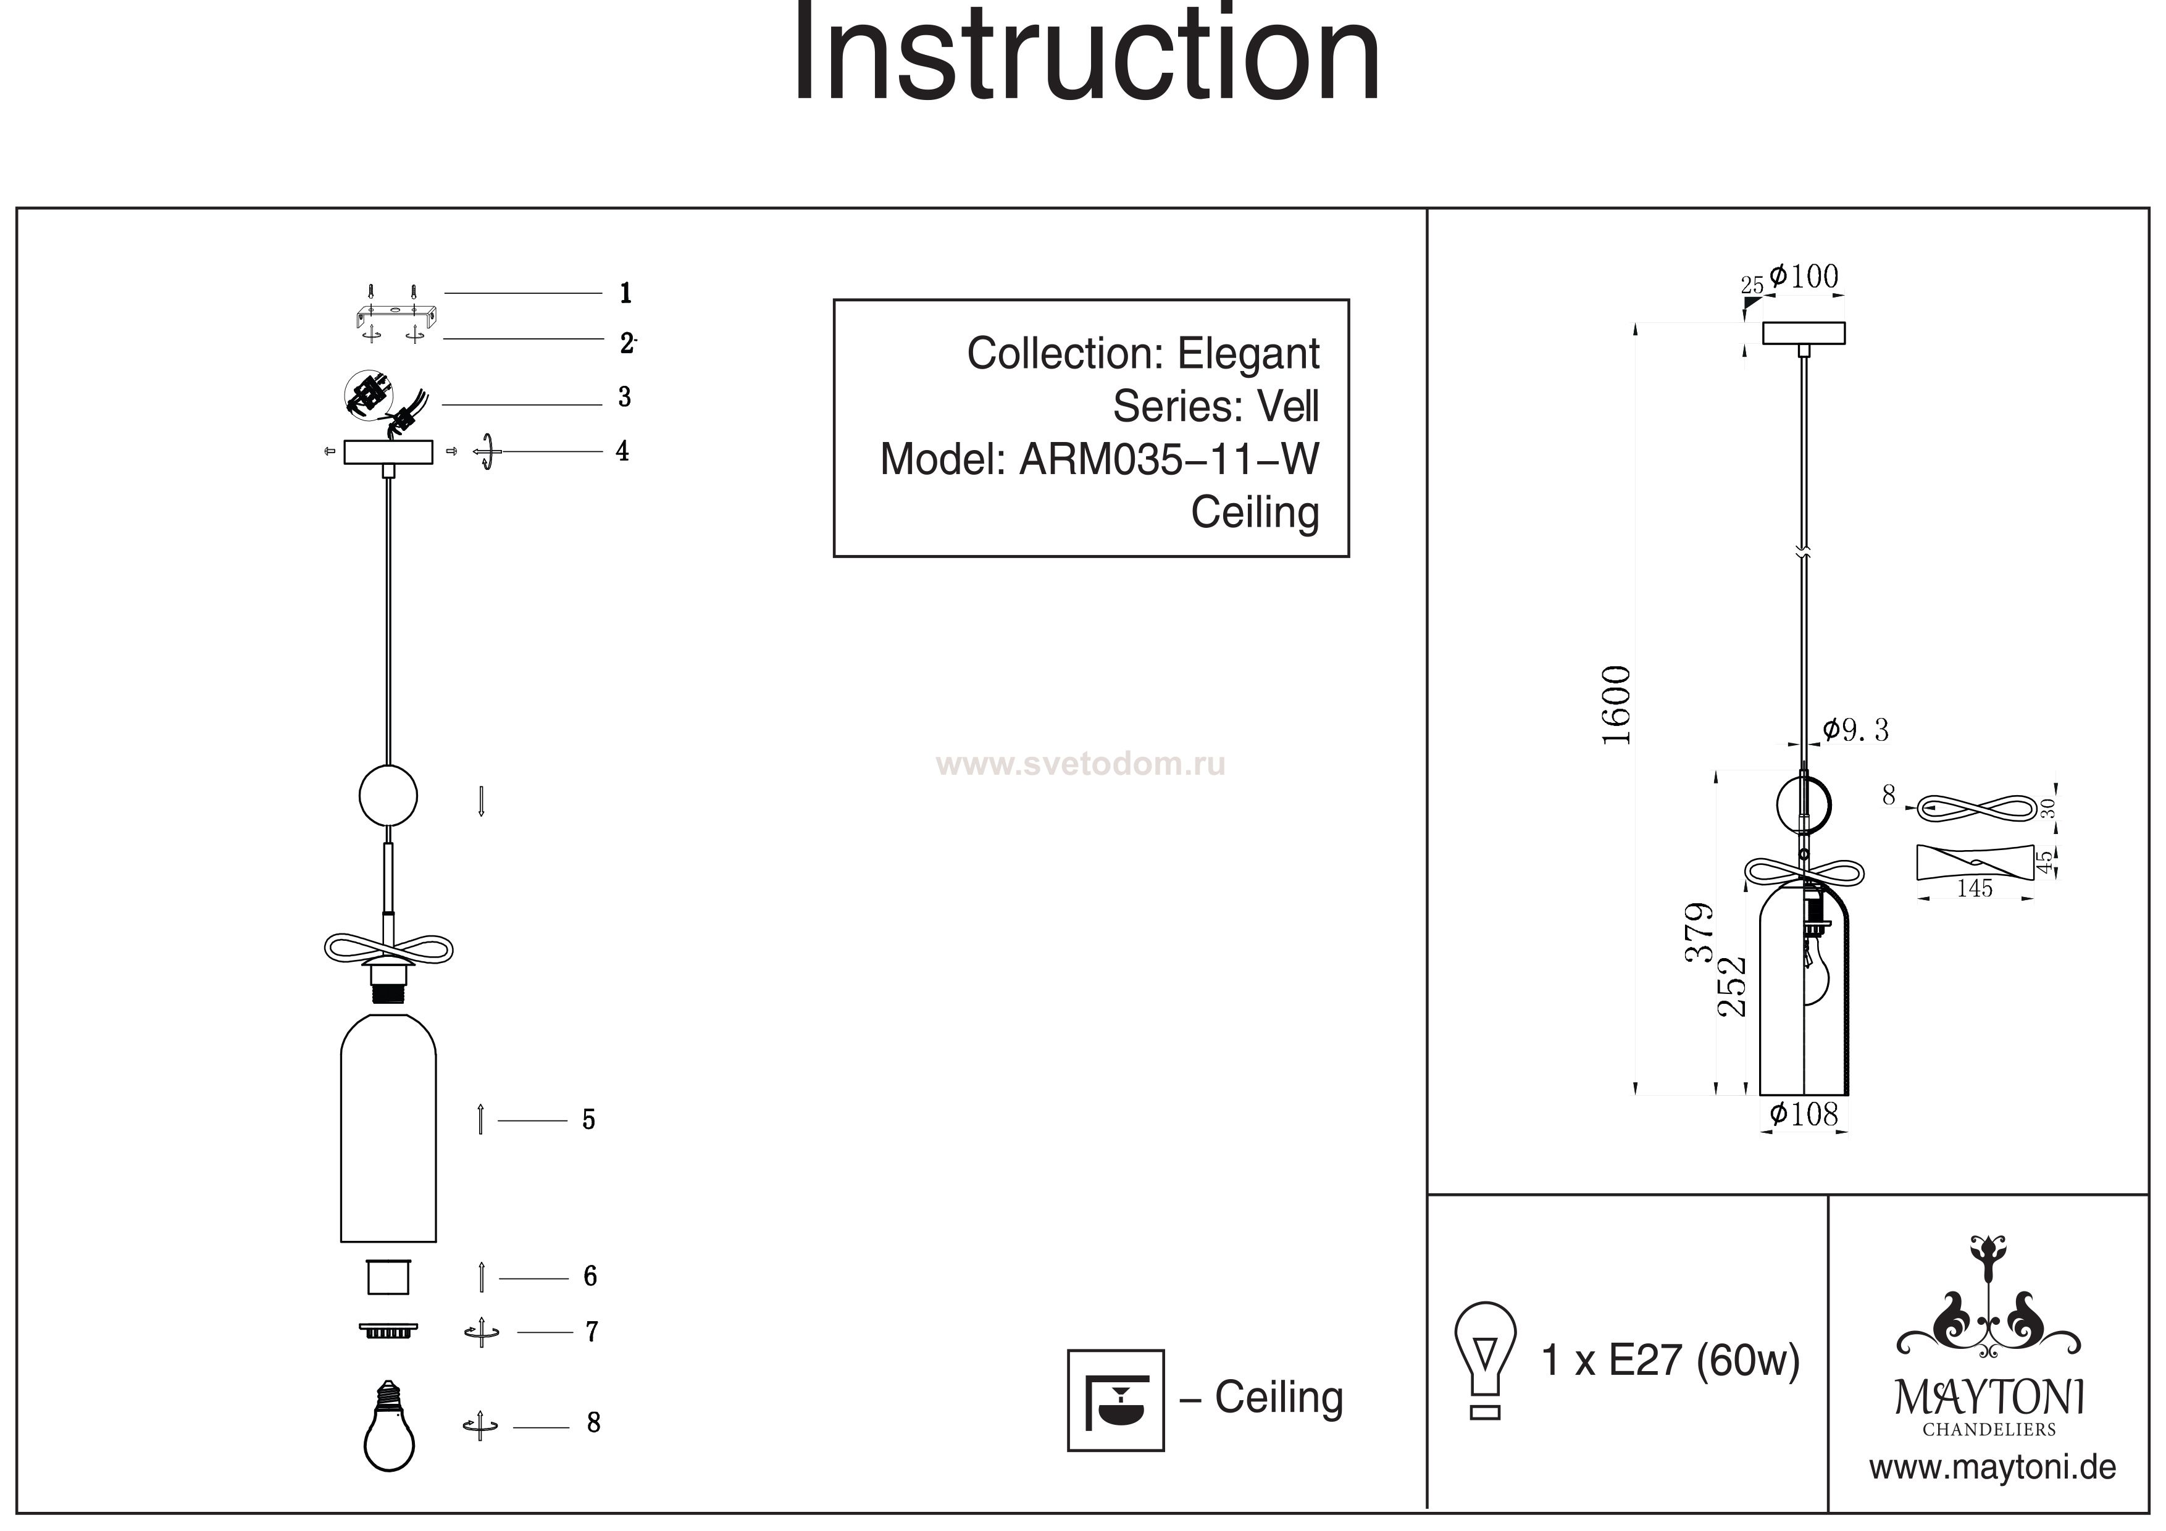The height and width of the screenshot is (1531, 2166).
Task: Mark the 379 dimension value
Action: point(1699,932)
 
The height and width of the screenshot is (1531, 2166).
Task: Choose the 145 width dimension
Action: point(1975,888)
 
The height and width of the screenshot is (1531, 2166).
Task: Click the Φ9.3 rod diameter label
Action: point(1855,730)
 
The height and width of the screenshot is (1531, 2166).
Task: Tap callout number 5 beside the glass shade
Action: point(588,1120)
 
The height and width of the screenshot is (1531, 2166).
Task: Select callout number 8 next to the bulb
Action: point(593,1422)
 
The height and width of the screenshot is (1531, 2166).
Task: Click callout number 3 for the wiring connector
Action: point(624,397)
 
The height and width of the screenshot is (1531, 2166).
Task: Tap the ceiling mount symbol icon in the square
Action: point(1115,1400)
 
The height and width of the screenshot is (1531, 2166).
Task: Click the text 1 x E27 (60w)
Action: point(1670,1360)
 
